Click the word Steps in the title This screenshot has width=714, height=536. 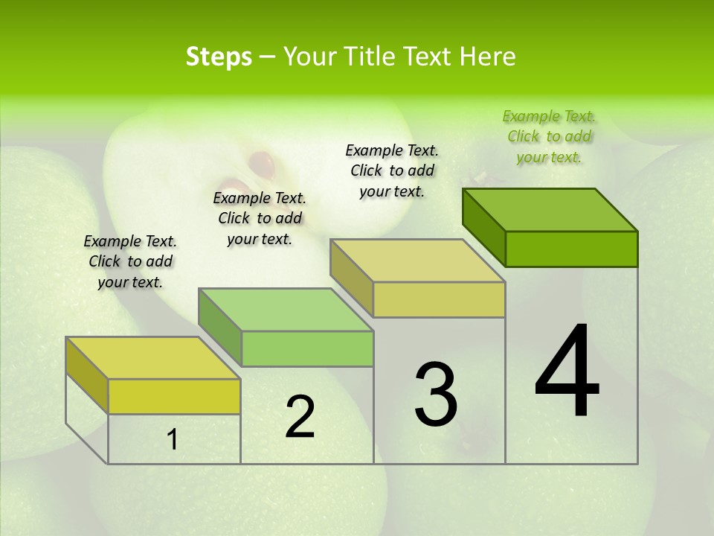coord(219,57)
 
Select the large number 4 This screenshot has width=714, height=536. coord(567,372)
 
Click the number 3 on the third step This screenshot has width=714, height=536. coord(436,395)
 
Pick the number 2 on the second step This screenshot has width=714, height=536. coord(300,418)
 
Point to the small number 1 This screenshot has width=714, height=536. coord(173,440)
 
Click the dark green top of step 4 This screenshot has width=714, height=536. coord(550,210)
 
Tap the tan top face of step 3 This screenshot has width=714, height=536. coord(418,261)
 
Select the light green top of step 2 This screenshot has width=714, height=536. coord(286,310)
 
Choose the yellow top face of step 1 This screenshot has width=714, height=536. coord(153,358)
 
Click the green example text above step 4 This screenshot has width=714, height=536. coord(549,136)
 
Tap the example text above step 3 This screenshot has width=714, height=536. coord(392,170)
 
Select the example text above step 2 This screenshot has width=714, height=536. coord(260,218)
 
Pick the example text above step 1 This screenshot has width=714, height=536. coord(130,261)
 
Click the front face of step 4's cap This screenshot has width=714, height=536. coord(571,249)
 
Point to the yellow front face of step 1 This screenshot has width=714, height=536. coord(174,396)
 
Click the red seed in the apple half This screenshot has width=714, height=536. coord(261,160)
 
